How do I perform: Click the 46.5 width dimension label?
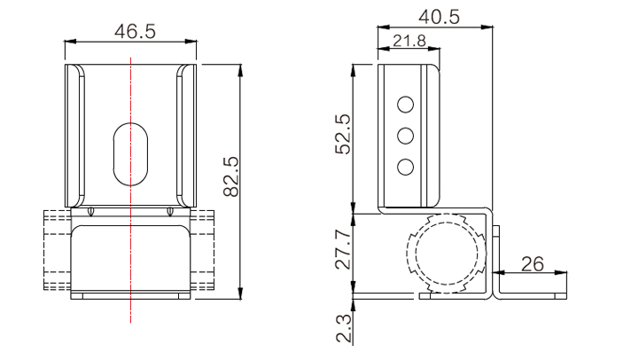(x=135, y=31)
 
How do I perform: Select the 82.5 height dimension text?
(x=231, y=176)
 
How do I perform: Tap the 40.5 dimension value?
(x=440, y=17)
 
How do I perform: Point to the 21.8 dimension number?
(x=409, y=41)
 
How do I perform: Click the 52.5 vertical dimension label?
(x=343, y=134)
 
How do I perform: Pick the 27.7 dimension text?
(x=343, y=249)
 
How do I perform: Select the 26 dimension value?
(x=533, y=264)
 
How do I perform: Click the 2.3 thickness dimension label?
(x=343, y=328)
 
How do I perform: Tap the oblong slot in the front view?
(x=130, y=154)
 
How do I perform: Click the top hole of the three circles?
(x=406, y=105)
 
